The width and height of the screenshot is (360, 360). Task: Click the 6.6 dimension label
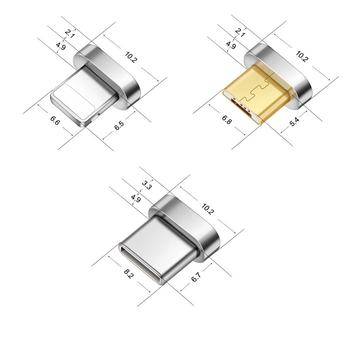click(55, 120)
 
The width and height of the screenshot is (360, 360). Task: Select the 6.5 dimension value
click(119, 125)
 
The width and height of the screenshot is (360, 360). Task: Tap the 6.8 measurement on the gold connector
click(226, 119)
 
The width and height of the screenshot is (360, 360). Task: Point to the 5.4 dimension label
click(294, 121)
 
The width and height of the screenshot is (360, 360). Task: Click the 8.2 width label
click(128, 274)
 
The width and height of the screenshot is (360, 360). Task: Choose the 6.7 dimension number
click(196, 277)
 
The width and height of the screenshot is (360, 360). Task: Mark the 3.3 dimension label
click(146, 185)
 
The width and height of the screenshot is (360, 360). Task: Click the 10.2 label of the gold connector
click(301, 56)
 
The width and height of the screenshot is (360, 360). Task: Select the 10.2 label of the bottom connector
click(207, 209)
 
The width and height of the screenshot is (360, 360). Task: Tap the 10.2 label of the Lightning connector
click(131, 57)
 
